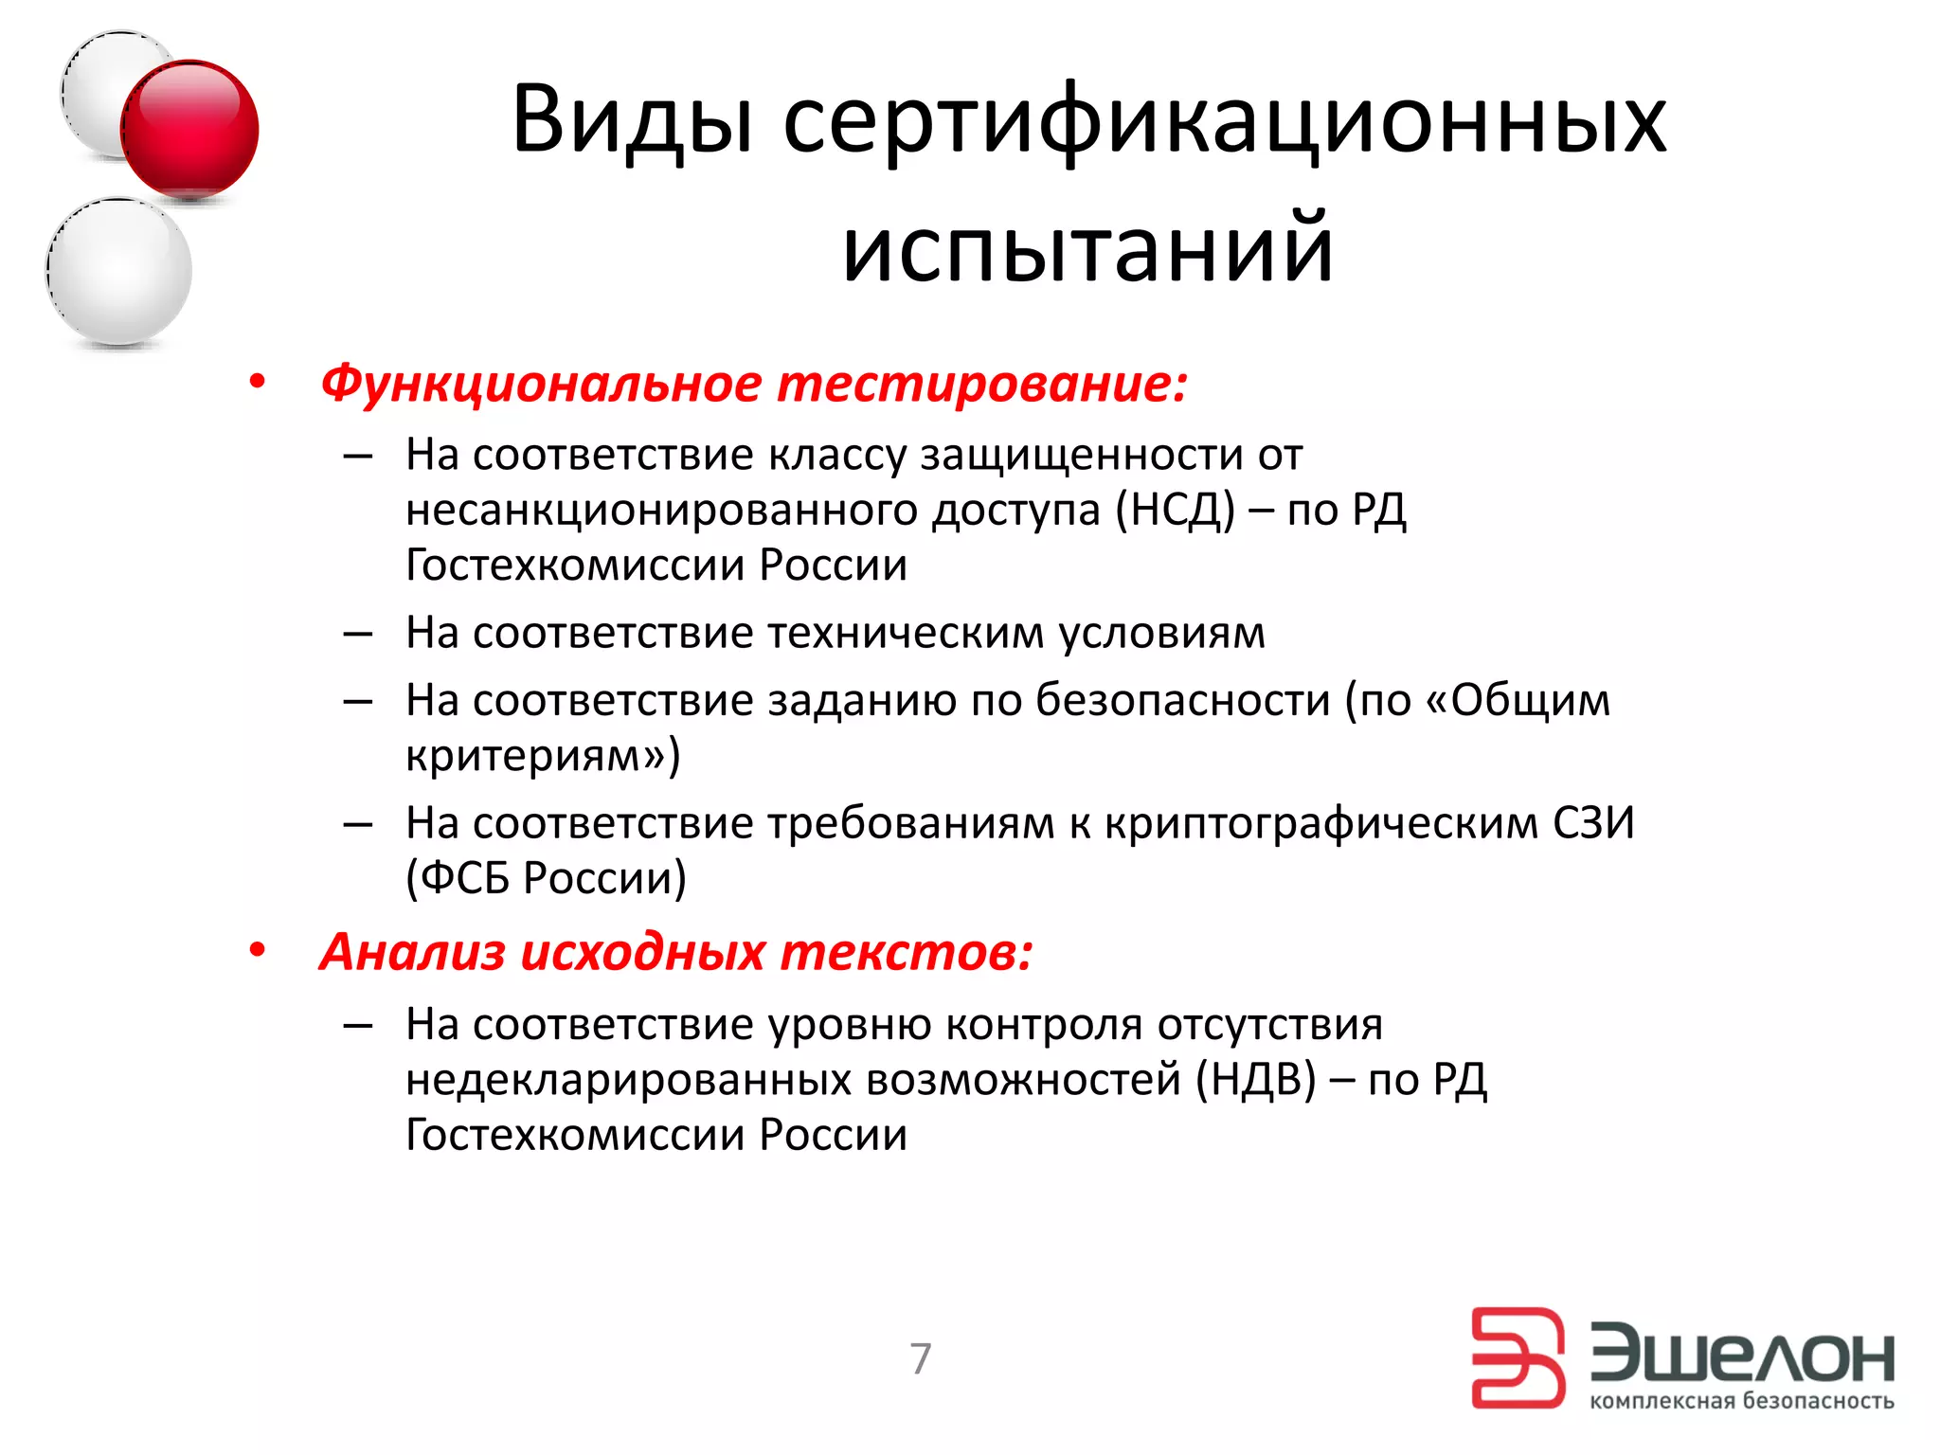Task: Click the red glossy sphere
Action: pos(189,130)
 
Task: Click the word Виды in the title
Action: pos(632,120)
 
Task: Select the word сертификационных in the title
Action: pos(1224,120)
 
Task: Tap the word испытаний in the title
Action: pos(1087,248)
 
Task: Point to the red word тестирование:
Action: pos(981,384)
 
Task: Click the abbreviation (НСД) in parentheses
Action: pos(1175,510)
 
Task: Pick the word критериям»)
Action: pos(543,755)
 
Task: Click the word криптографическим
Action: pos(1321,823)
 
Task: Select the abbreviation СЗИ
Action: pos(1593,823)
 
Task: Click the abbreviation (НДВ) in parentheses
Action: pos(1255,1080)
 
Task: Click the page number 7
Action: pos(920,1358)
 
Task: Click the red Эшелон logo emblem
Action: pos(1516,1357)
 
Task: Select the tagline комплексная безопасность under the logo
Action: pos(1741,1401)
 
